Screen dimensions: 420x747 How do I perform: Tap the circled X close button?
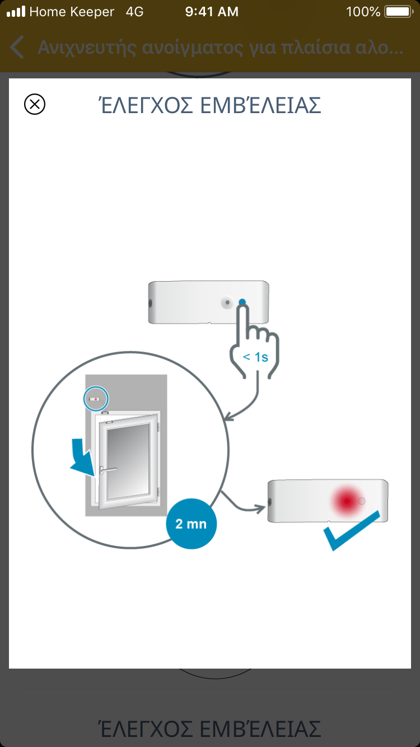tap(35, 104)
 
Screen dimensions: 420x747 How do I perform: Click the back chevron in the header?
tap(17, 47)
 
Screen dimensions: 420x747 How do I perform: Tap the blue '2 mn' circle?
tap(191, 524)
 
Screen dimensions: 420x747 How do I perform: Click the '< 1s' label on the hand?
tap(255, 357)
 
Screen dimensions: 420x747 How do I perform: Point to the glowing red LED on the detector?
tap(347, 501)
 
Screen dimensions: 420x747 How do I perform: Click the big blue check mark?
tap(352, 530)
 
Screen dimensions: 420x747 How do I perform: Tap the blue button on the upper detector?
tap(242, 302)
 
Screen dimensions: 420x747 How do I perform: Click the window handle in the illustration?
tap(107, 470)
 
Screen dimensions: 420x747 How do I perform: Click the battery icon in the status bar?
tap(399, 12)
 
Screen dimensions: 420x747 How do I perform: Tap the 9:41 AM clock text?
tap(212, 12)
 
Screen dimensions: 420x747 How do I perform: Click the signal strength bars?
tap(16, 12)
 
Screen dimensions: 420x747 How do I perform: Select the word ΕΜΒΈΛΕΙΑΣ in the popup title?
tap(260, 105)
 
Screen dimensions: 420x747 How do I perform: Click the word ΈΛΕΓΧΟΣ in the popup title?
tap(146, 105)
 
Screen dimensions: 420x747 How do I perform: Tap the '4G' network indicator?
tap(134, 12)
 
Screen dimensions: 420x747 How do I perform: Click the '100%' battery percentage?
tap(363, 12)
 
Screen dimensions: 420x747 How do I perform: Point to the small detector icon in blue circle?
tap(96, 399)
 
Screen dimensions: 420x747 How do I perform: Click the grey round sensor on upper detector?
tap(227, 302)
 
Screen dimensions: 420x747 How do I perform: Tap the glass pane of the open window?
tap(128, 461)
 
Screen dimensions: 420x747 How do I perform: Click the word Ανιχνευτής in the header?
tap(87, 48)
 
